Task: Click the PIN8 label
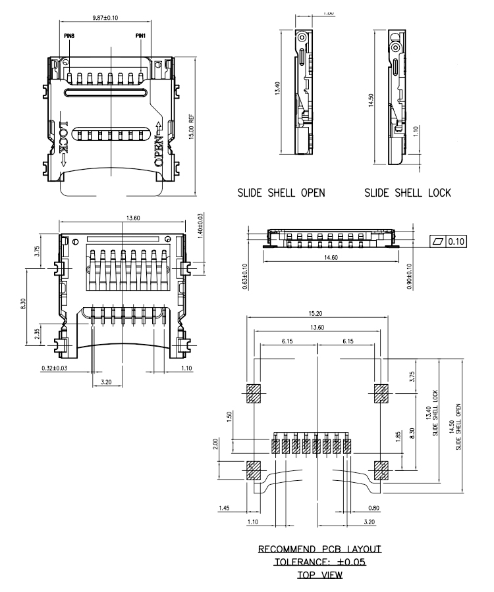tap(70, 36)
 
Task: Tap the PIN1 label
tap(140, 36)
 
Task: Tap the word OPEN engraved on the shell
tap(159, 144)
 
